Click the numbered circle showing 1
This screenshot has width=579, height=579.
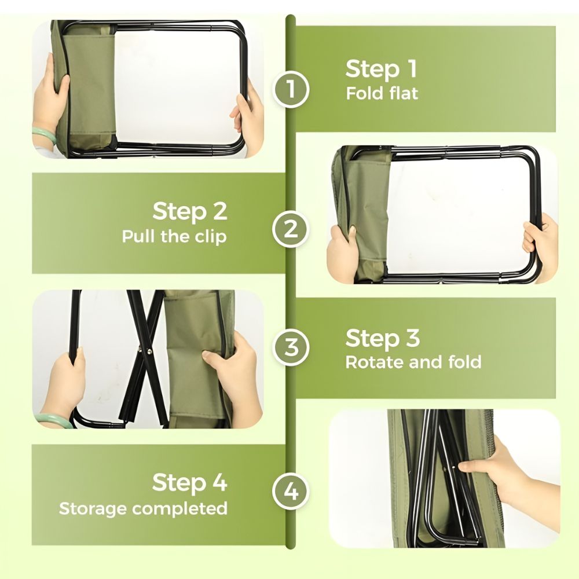291,89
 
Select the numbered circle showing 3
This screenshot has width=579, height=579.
291,347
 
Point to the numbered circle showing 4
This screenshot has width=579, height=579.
291,491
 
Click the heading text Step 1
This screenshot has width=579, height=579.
382,69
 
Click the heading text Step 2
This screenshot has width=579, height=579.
190,211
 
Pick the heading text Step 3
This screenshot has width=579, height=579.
383,338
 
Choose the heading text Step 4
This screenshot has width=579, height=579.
190,482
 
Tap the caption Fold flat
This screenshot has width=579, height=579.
382,93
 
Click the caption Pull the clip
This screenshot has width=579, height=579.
174,236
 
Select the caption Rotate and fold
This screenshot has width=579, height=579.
413,362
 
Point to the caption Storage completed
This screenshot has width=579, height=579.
143,508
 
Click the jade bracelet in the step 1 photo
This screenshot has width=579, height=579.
45,135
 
